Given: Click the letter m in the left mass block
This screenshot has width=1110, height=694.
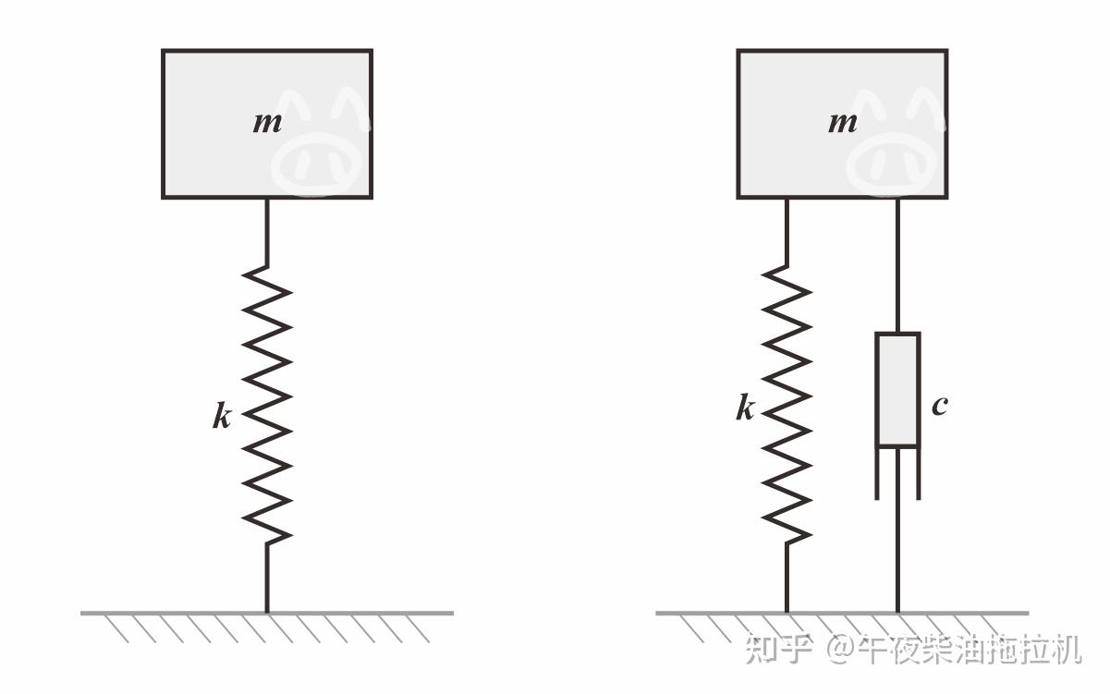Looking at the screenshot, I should coord(267,122).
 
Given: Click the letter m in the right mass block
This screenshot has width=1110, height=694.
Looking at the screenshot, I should coord(842,122).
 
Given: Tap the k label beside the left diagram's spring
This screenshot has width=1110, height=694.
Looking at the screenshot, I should coord(222,417).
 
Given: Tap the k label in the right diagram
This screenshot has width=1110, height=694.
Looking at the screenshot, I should coord(745,408).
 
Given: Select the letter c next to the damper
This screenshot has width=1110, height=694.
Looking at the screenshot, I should coord(939,405).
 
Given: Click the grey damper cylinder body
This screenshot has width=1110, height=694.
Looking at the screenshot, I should coord(897,390).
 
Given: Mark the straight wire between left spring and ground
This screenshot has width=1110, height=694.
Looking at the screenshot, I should coord(267,578).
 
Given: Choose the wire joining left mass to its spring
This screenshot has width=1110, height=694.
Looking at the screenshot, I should coord(267,231).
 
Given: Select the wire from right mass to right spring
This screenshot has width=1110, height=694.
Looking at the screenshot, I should coord(787,231).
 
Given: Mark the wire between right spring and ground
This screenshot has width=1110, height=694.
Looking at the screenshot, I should coord(787,578).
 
